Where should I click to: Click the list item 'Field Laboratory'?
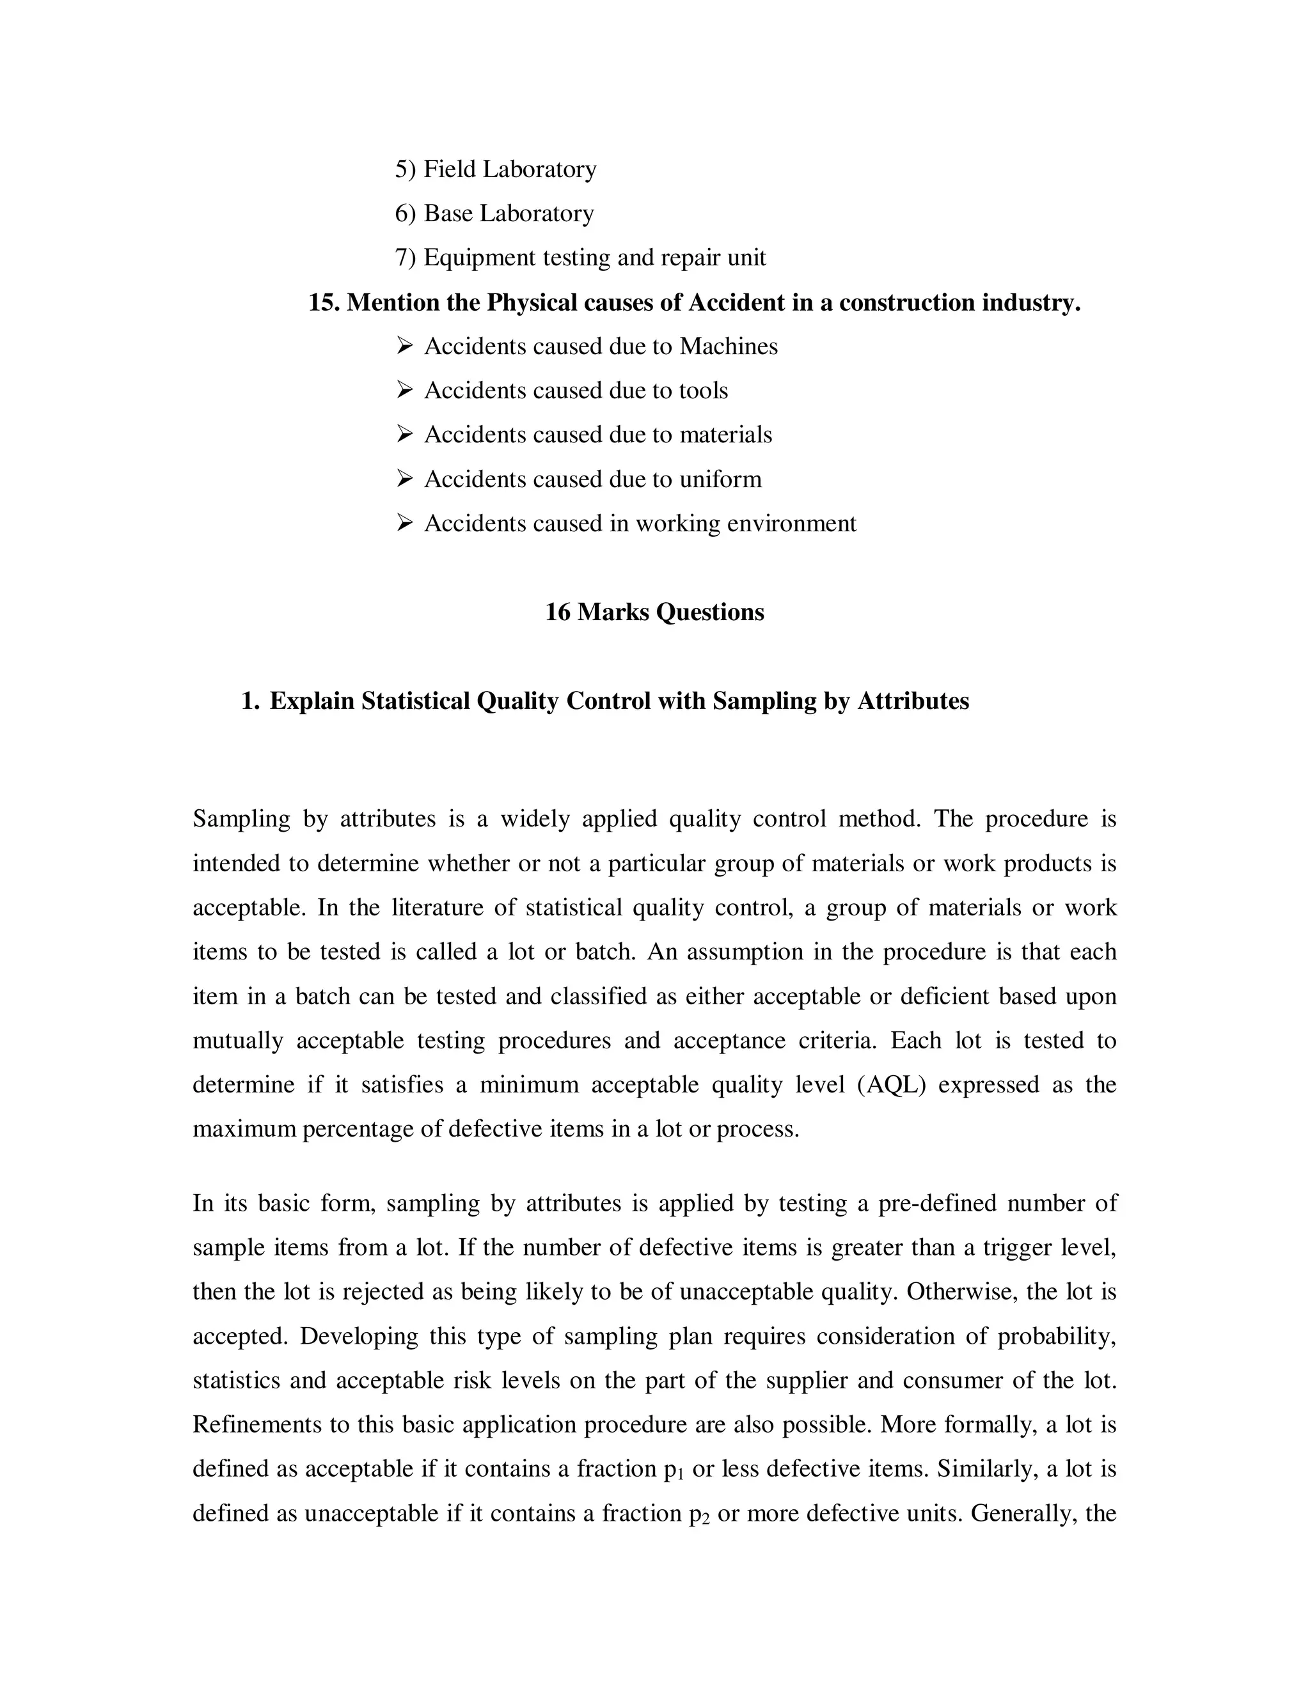pos(509,169)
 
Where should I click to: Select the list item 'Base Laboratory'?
pos(509,214)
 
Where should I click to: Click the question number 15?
pos(324,302)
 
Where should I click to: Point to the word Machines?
pos(728,346)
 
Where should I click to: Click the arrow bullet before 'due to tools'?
pos(404,390)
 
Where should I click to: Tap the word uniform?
pos(720,479)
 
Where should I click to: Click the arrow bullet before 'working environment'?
pos(404,524)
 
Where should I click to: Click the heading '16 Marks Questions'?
pos(654,612)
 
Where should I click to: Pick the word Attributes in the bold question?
pos(913,701)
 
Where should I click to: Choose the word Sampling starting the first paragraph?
pos(241,819)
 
